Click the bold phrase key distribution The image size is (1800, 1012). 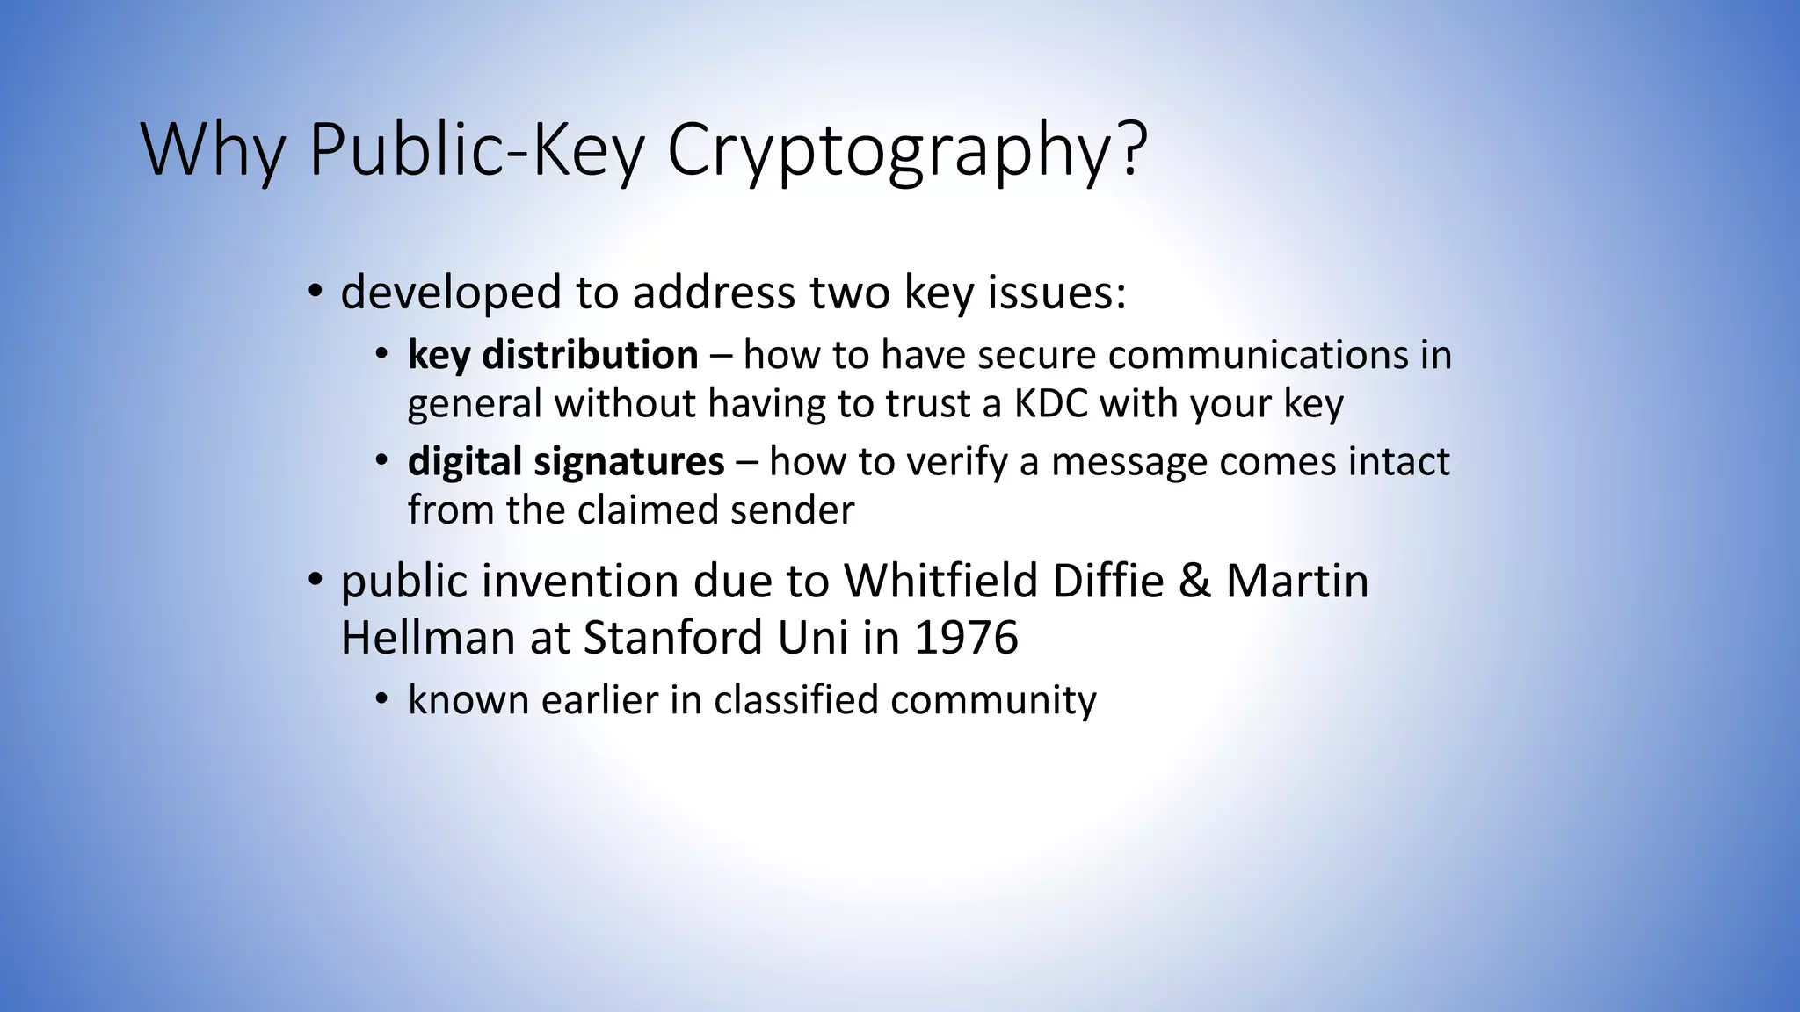(x=553, y=356)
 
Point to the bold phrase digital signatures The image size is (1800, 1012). (x=566, y=462)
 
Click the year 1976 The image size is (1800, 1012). (x=966, y=637)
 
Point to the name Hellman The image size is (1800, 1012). (x=427, y=637)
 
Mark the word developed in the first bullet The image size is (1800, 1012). (x=451, y=293)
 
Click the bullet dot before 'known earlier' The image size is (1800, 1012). (x=381, y=699)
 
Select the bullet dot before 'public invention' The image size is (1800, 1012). (x=315, y=580)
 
